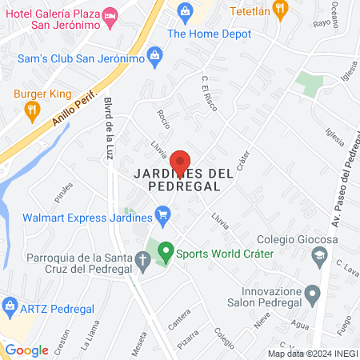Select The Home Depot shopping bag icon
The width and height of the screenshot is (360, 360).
pyautogui.click(x=186, y=11)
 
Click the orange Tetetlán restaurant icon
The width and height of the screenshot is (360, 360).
pyautogui.click(x=279, y=10)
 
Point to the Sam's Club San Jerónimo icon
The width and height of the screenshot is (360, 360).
pyautogui.click(x=156, y=55)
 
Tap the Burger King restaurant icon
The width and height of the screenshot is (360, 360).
pyautogui.click(x=32, y=113)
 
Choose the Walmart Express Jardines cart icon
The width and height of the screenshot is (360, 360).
pyautogui.click(x=163, y=214)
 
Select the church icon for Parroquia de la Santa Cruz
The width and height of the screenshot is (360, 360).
pyautogui.click(x=142, y=259)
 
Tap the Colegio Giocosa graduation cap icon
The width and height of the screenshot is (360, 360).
pyautogui.click(x=319, y=255)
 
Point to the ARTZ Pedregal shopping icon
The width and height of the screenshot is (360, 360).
pyautogui.click(x=10, y=305)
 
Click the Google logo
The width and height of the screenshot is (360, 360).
pyautogui.click(x=26, y=350)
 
